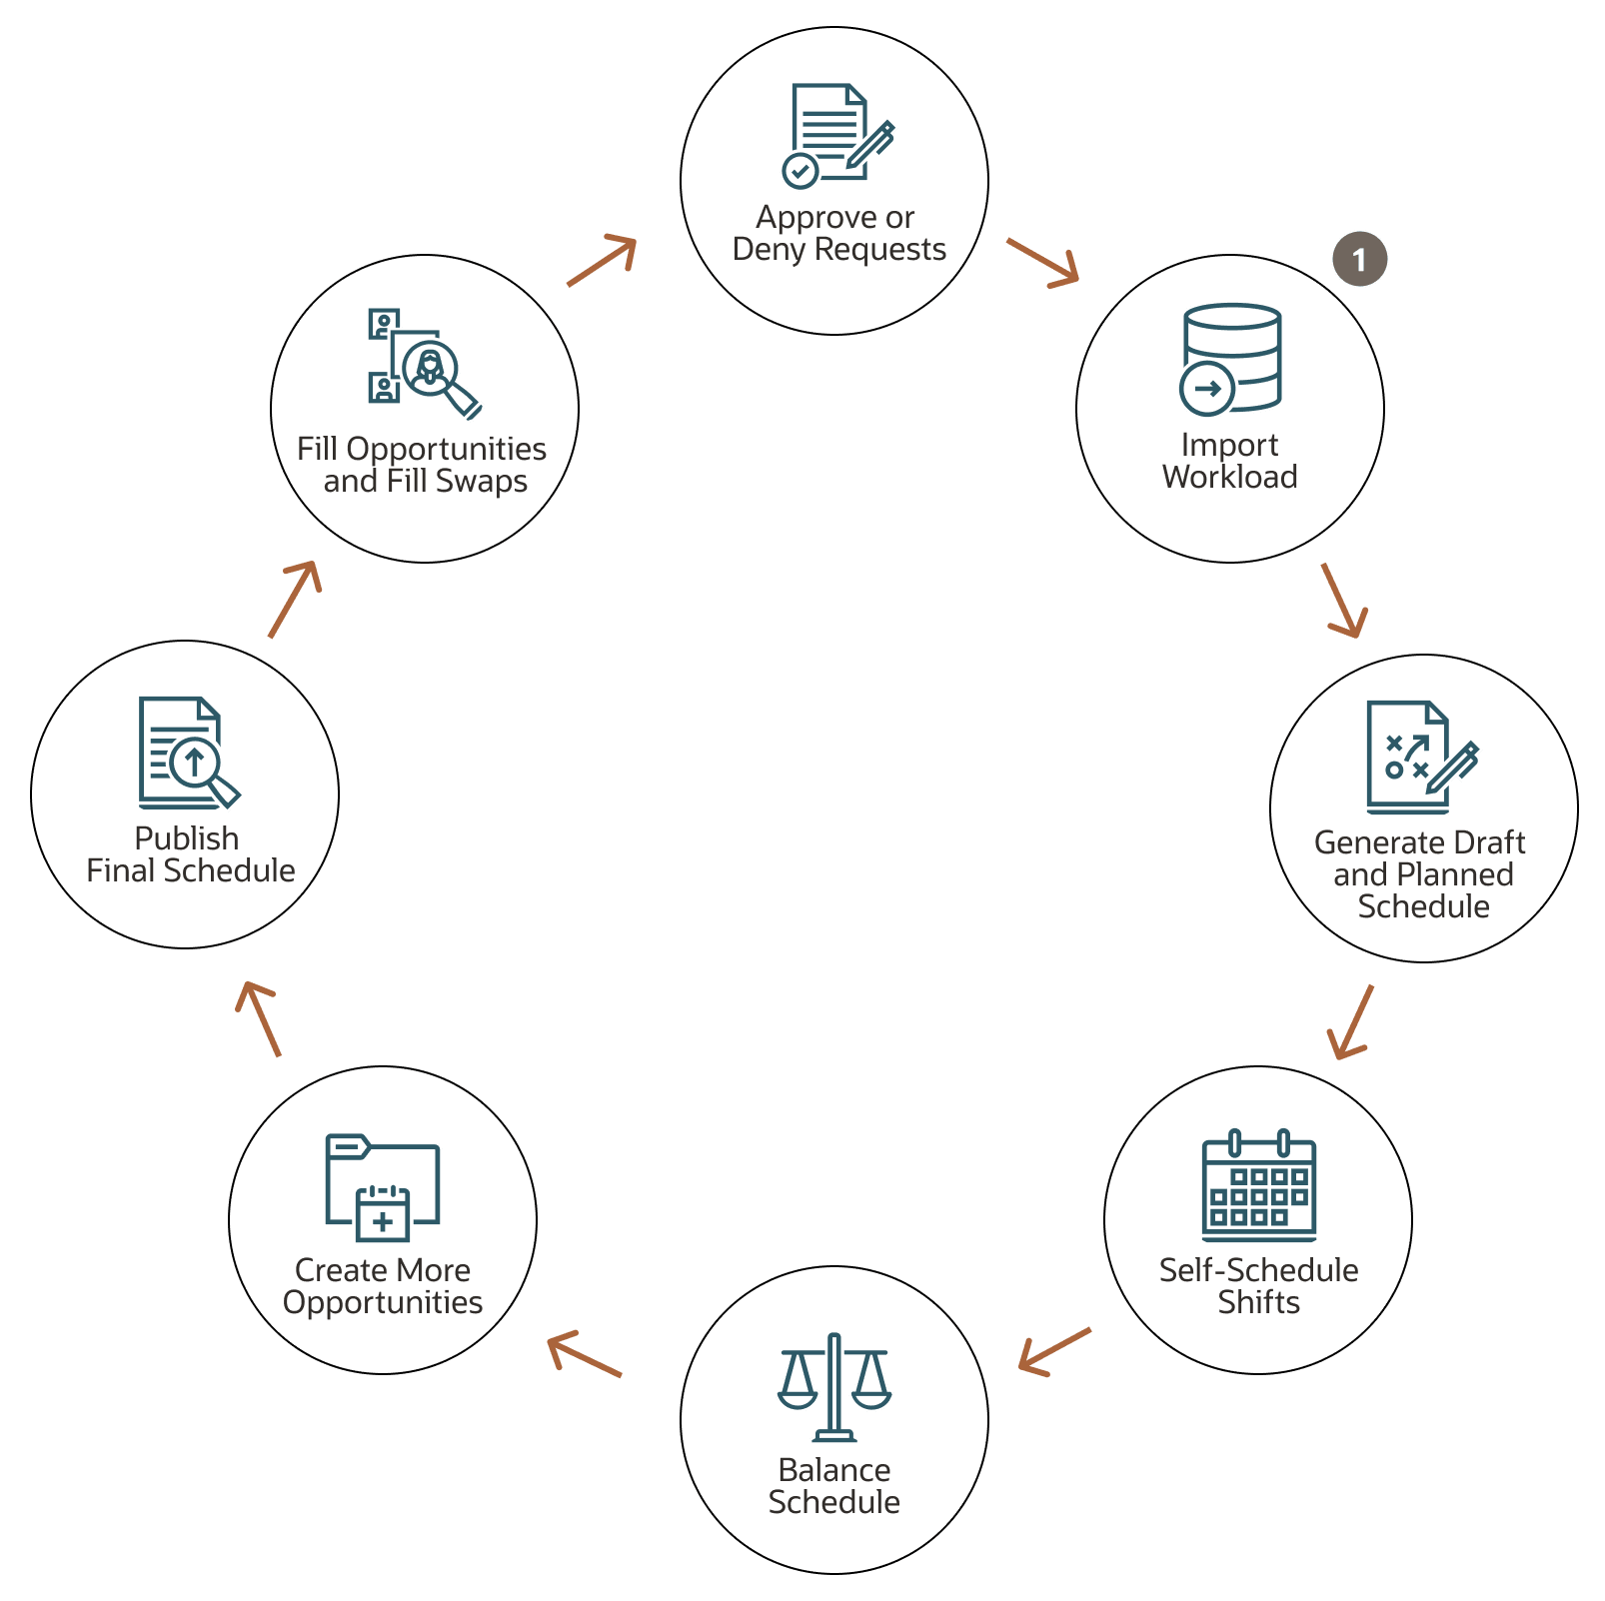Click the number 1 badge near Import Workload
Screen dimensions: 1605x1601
pos(1359,259)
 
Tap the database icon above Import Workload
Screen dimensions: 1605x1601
pos(1230,360)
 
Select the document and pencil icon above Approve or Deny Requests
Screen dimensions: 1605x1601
pos(837,136)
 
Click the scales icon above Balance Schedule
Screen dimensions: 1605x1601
pos(834,1387)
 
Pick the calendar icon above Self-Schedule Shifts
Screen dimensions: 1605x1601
pos(1259,1185)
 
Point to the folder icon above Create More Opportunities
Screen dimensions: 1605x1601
pos(383,1187)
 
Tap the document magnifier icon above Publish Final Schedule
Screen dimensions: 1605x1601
pos(190,753)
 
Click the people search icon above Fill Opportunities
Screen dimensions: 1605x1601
pos(425,364)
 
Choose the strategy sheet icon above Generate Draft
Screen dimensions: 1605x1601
pos(1422,758)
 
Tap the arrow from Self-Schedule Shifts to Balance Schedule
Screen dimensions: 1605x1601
pos(1055,1352)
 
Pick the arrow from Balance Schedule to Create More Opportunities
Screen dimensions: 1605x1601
pos(585,1354)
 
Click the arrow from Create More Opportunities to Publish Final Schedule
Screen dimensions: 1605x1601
pos(258,1019)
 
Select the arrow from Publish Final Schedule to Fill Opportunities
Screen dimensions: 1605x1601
pos(295,600)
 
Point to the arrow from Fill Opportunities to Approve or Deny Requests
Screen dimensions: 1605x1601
pos(602,261)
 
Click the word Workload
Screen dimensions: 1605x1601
pos(1230,477)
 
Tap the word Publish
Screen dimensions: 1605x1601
pos(187,838)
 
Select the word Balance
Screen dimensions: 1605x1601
pos(834,1470)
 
